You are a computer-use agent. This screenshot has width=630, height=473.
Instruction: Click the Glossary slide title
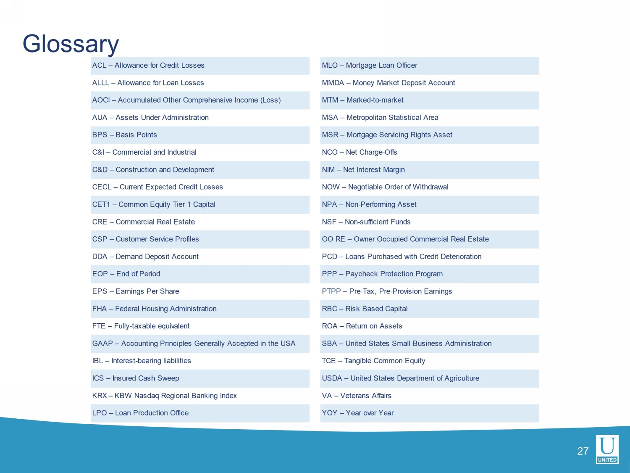point(71,44)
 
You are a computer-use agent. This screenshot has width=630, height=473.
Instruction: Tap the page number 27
point(583,451)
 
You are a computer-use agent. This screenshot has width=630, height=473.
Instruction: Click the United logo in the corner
point(607,449)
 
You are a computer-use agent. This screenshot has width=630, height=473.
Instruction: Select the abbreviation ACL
point(99,66)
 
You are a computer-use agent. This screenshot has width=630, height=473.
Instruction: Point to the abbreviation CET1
point(101,205)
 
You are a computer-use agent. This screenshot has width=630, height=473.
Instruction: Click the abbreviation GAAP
point(102,344)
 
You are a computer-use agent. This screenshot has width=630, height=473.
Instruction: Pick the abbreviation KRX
point(100,396)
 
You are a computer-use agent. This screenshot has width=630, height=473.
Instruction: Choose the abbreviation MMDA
point(333,83)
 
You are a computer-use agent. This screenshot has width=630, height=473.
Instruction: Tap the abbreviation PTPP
point(331,291)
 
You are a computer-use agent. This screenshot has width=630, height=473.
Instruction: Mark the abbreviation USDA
point(332,378)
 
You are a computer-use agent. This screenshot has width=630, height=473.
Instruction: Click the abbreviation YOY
point(329,413)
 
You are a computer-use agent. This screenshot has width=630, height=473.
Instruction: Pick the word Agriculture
point(462,378)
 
